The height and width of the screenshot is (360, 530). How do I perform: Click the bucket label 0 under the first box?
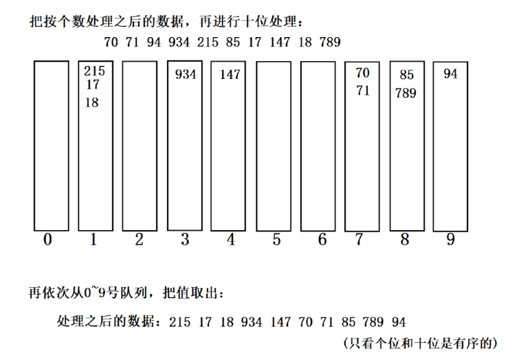pos(47,240)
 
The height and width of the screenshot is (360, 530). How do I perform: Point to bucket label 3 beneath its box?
pos(185,240)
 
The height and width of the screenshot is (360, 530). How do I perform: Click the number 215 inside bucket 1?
pos(94,71)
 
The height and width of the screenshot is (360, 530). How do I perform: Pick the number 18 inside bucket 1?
pos(91,102)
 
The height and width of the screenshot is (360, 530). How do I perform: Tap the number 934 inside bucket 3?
pos(186,74)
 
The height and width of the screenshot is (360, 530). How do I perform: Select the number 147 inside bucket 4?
pos(230,74)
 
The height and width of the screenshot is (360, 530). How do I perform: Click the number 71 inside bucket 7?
pos(363,90)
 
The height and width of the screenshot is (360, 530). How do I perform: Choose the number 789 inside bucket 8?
pos(406,93)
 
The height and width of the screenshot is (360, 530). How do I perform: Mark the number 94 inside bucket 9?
pos(450,74)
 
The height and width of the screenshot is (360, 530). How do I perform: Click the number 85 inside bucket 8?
pos(406,75)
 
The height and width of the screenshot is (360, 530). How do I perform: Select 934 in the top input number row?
pos(179,43)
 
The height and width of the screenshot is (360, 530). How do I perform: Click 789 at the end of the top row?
pos(330,43)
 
